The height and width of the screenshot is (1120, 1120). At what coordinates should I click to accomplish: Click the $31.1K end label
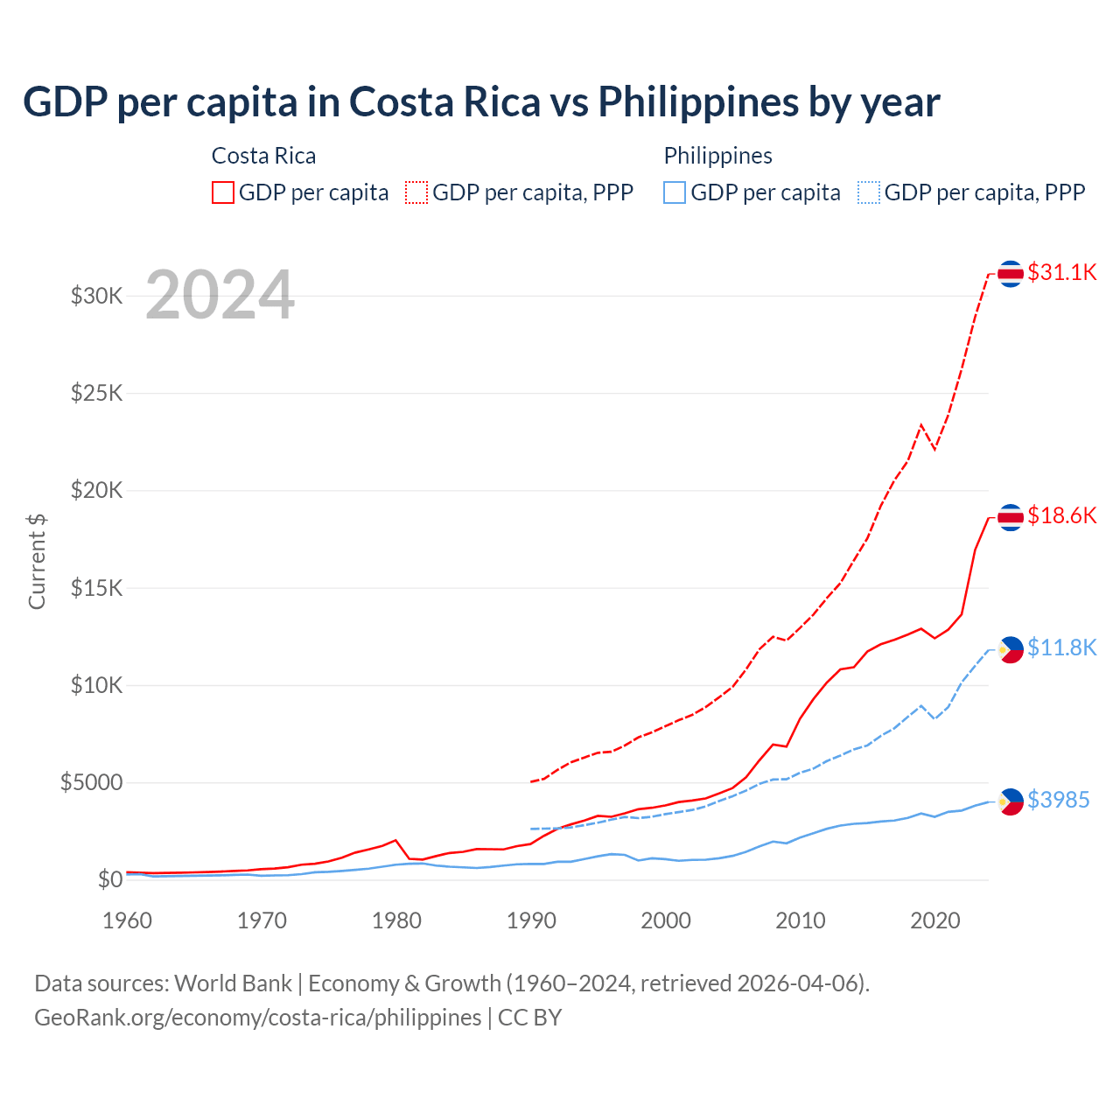(x=1061, y=272)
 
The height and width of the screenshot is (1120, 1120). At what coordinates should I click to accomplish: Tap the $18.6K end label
(x=1061, y=515)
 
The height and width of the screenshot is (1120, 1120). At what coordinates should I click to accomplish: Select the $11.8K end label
(x=1061, y=647)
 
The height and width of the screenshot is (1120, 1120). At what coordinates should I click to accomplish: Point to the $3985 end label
(x=1058, y=800)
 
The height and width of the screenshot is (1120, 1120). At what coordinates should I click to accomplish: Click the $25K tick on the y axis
(x=97, y=393)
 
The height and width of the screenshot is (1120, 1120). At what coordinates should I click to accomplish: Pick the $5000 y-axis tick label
(x=92, y=782)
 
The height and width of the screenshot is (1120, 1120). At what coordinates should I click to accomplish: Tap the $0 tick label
(x=109, y=879)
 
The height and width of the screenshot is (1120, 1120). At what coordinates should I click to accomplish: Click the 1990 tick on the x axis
(x=531, y=920)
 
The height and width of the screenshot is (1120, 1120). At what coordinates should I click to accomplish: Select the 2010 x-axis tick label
(x=801, y=920)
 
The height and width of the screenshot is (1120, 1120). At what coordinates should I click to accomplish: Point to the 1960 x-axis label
(x=128, y=920)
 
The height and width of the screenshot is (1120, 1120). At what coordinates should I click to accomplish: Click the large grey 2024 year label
(x=220, y=295)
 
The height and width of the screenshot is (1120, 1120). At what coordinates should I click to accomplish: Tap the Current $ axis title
(x=37, y=562)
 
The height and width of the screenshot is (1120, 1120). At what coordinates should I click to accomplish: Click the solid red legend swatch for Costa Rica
(x=223, y=192)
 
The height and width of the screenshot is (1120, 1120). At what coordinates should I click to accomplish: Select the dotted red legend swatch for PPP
(x=416, y=192)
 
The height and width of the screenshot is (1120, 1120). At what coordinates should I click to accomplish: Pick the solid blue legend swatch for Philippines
(x=675, y=192)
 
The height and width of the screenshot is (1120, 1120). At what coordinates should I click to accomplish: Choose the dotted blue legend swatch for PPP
(x=869, y=192)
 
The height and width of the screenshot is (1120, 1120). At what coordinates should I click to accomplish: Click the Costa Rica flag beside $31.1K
(x=1011, y=273)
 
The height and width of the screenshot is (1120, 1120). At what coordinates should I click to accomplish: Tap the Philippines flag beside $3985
(x=1011, y=801)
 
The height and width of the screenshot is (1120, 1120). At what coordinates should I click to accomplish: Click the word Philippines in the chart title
(x=699, y=102)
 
